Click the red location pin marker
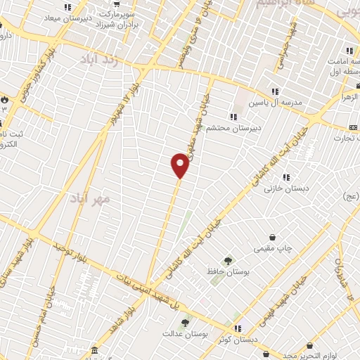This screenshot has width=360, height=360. point(180,166)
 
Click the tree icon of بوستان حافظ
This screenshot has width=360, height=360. point(227,262)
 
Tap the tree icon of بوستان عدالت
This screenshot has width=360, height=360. point(185,323)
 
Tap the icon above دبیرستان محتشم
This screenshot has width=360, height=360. point(233,117)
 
